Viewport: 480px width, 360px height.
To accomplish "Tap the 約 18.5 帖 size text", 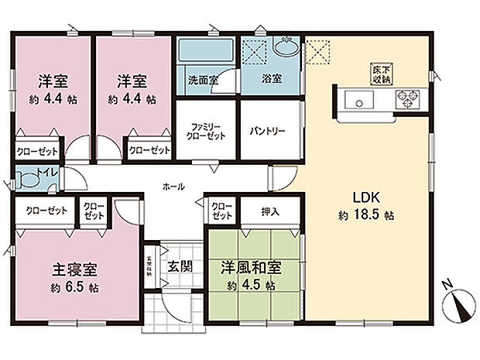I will pos(367,215).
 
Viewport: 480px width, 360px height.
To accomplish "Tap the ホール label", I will pos(173,187).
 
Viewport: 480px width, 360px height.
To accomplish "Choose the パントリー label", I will pos(267,131).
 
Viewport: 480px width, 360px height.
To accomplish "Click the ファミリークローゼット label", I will pos(204,131).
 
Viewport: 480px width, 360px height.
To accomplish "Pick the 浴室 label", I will pos(270,79).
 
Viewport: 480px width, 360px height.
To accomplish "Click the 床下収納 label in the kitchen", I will pos(379,73).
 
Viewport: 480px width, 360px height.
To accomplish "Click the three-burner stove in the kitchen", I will pos(407,98).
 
